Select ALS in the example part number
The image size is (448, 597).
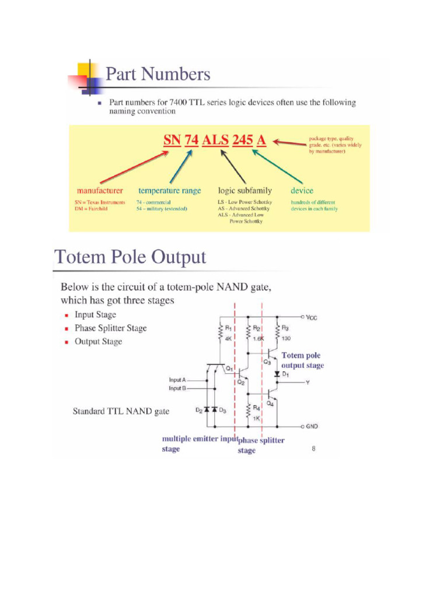[x=215, y=141]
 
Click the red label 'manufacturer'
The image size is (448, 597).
[x=100, y=191]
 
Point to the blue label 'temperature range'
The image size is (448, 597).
[x=169, y=191]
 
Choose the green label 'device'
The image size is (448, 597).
[x=302, y=191]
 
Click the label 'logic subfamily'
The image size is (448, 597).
[x=244, y=191]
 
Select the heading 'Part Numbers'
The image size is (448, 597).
[x=157, y=75]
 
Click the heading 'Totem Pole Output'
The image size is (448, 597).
[x=129, y=257]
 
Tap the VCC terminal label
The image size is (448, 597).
[x=313, y=318]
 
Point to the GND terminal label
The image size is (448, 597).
[x=312, y=426]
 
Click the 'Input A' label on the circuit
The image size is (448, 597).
[x=177, y=380]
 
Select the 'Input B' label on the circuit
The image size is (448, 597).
[x=177, y=388]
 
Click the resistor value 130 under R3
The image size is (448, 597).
[x=286, y=338]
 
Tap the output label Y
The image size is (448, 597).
[x=307, y=383]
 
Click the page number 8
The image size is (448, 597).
[x=313, y=448]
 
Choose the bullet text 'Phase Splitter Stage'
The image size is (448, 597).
[x=110, y=328]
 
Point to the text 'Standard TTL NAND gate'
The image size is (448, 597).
[x=121, y=411]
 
